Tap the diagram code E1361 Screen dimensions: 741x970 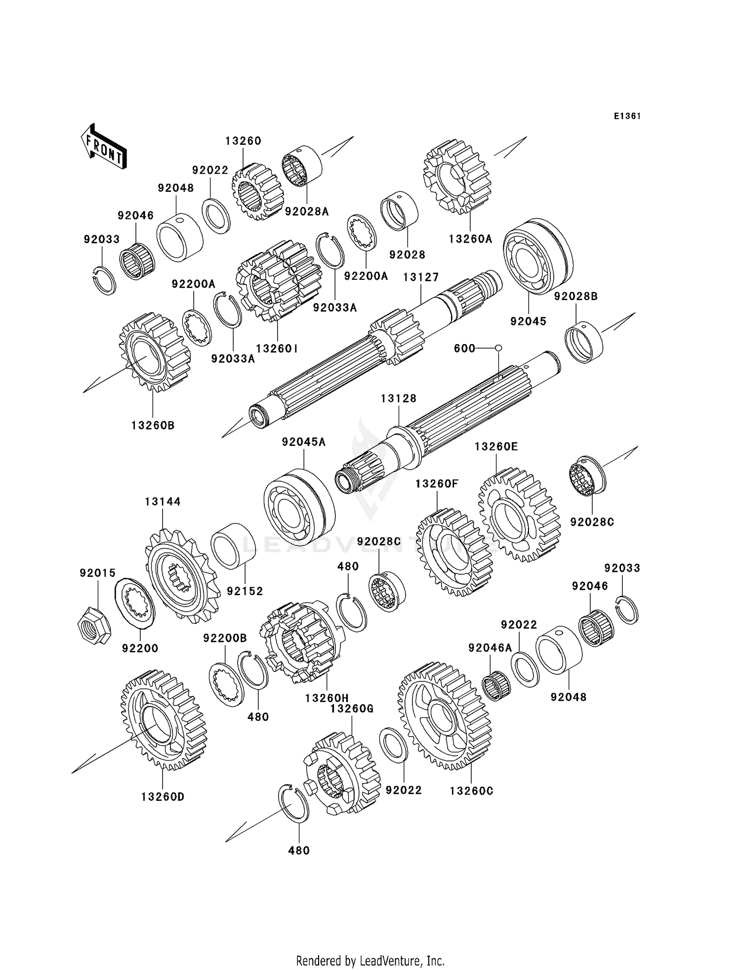click(627, 116)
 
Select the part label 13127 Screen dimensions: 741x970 click(421, 277)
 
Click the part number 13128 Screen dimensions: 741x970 click(399, 398)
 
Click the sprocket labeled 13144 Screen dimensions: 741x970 click(181, 575)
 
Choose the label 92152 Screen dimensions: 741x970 click(245, 591)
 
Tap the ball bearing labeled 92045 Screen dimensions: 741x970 click(538, 256)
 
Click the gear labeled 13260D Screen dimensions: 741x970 click(164, 720)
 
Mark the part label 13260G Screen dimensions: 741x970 click(352, 708)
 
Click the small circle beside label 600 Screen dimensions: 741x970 click(498, 348)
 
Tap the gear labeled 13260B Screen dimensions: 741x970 click(155, 352)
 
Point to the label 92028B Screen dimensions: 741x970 click(576, 296)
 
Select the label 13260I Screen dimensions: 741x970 click(277, 348)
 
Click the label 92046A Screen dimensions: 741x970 click(490, 648)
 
